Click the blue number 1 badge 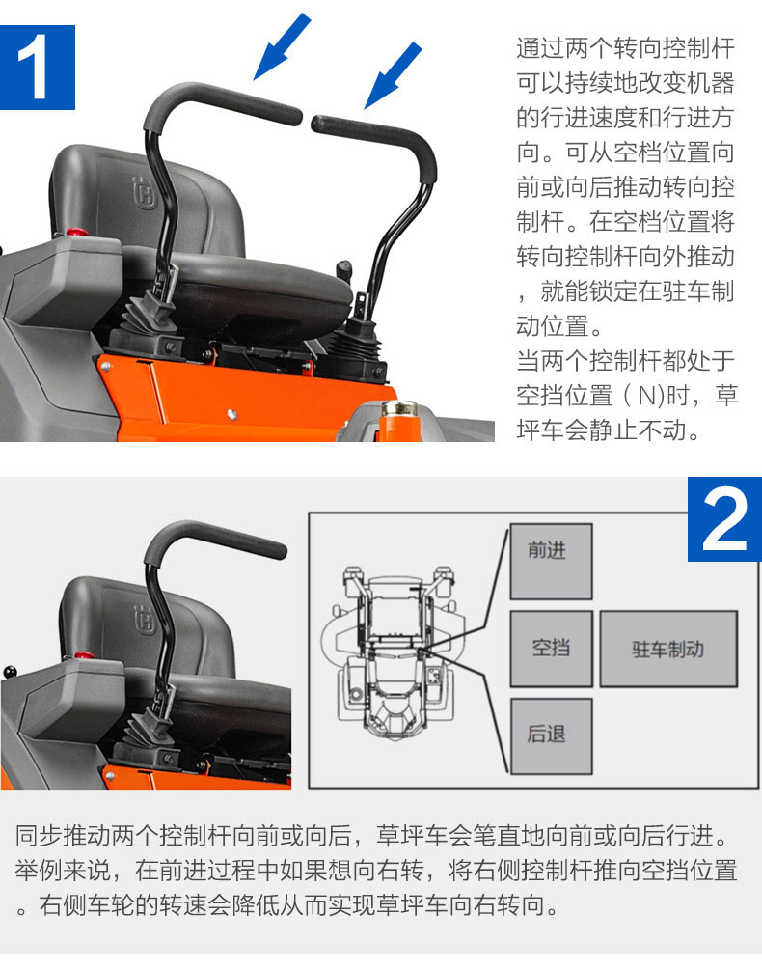pyautogui.click(x=38, y=68)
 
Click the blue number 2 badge pyautogui.click(x=724, y=519)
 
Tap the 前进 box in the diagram pyautogui.click(x=551, y=562)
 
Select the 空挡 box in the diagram pyautogui.click(x=551, y=649)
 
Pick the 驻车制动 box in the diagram pyautogui.click(x=668, y=649)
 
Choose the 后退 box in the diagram pyautogui.click(x=551, y=735)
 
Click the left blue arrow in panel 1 pyautogui.click(x=282, y=46)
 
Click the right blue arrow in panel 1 pyautogui.click(x=394, y=75)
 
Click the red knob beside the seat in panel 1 pyautogui.click(x=77, y=233)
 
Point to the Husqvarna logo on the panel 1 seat pyautogui.click(x=145, y=193)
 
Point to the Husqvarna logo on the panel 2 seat pyautogui.click(x=145, y=620)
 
